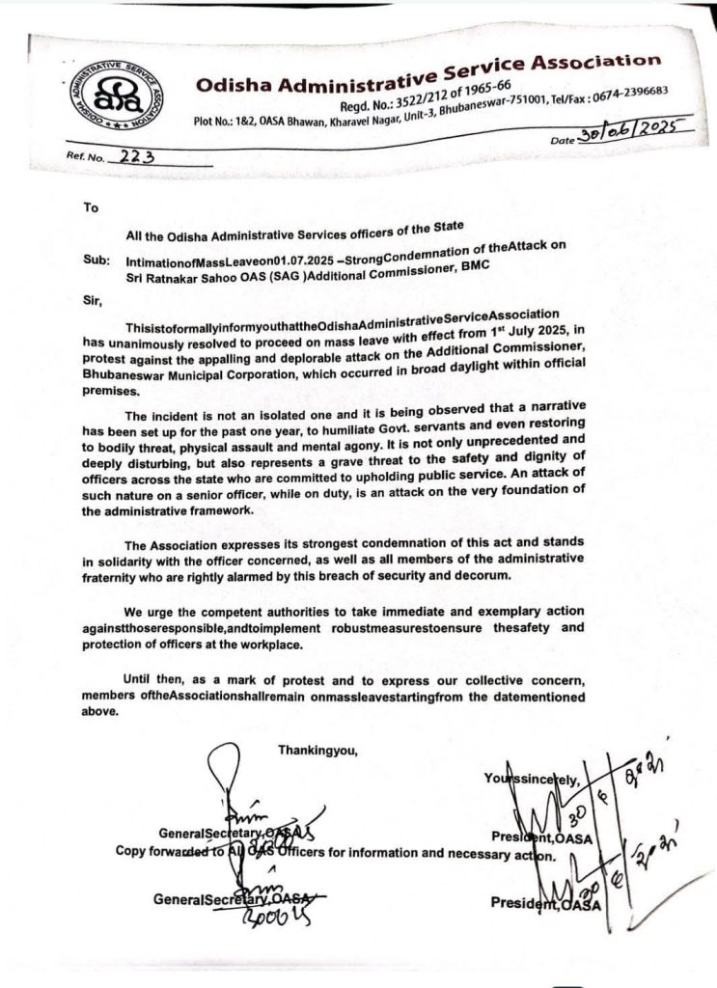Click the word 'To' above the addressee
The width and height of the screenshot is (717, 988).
click(x=91, y=206)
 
